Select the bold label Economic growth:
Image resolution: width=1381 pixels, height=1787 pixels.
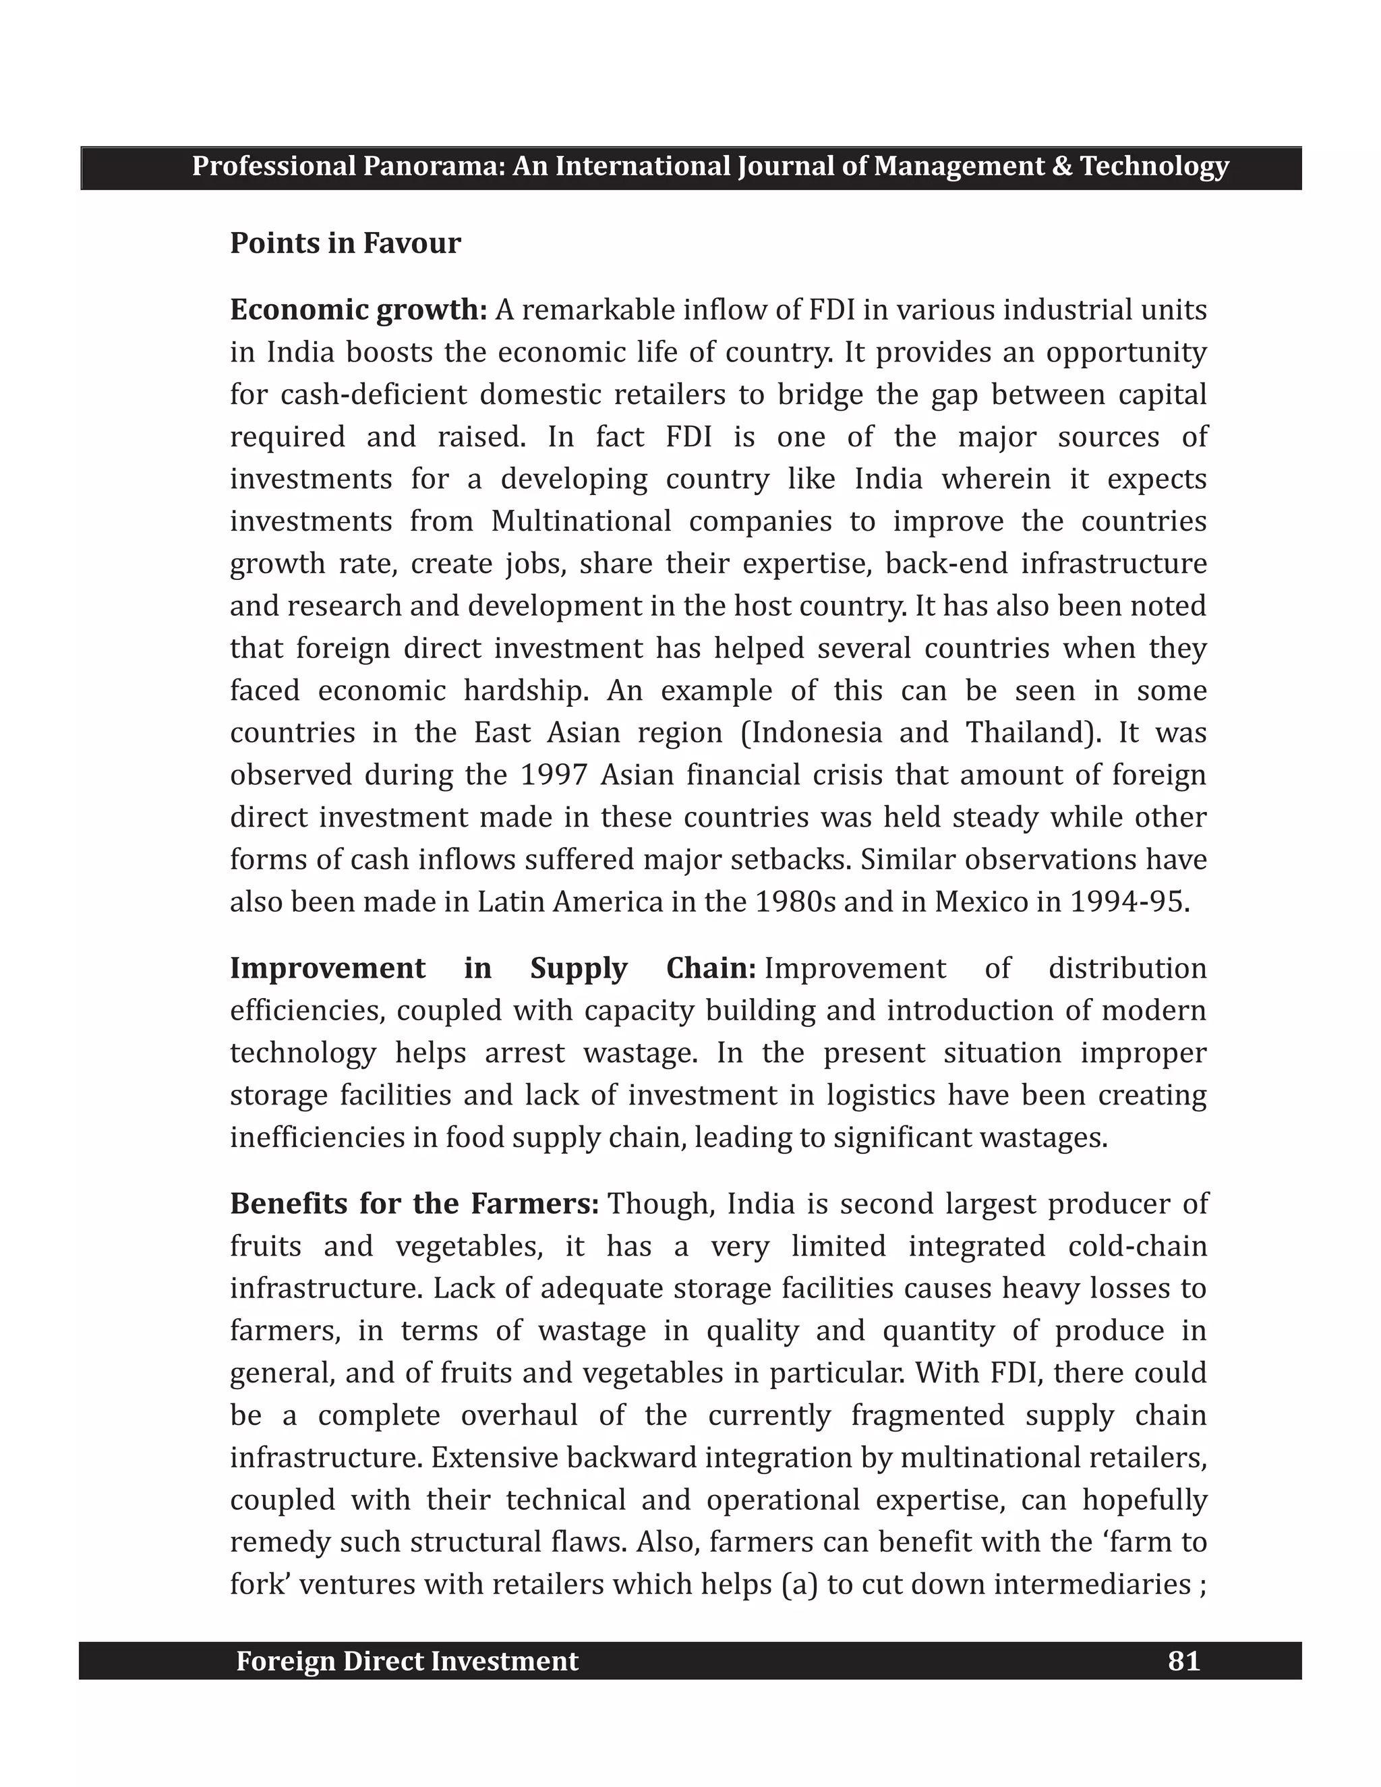click(358, 310)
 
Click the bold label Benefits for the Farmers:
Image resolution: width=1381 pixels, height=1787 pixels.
click(415, 1204)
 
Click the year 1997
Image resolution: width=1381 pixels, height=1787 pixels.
click(553, 774)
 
